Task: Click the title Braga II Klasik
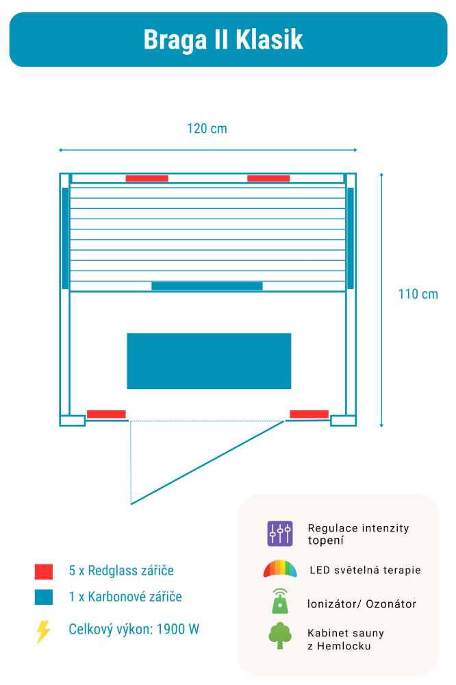click(223, 40)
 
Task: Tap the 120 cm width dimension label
click(207, 129)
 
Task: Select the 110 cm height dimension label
click(418, 295)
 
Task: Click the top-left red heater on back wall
click(147, 179)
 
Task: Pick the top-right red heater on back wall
click(268, 179)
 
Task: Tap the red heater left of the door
click(106, 414)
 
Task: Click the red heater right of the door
click(309, 414)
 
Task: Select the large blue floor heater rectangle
click(209, 361)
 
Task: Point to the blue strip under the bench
click(207, 286)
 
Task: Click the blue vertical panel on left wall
click(65, 238)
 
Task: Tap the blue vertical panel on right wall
click(350, 238)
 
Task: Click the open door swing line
click(207, 463)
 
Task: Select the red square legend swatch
click(44, 571)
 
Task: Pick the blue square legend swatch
click(44, 597)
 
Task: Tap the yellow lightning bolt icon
click(43, 632)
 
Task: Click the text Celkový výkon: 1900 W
click(134, 629)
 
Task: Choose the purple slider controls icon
click(280, 534)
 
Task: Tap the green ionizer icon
click(280, 601)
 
